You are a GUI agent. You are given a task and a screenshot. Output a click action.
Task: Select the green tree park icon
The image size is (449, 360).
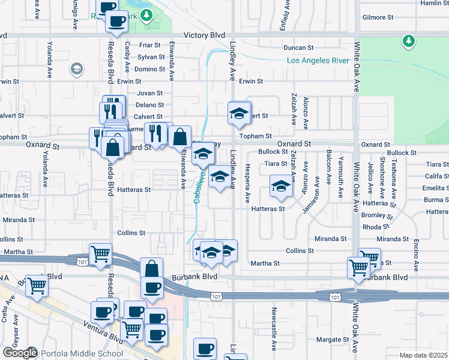point(409,41)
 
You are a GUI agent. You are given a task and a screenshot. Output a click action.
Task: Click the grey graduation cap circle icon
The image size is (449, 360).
point(76,70)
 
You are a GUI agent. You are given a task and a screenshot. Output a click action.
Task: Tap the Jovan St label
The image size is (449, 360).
point(150,93)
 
